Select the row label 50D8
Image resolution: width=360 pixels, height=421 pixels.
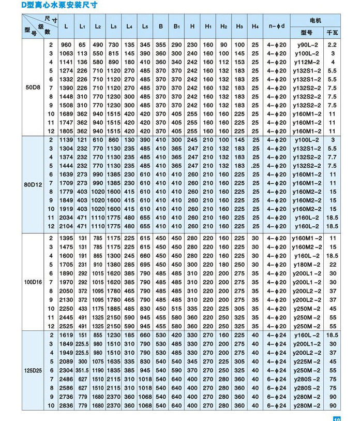32,88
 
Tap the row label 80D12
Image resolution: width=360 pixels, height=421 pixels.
33,183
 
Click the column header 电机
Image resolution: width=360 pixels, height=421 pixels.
315,20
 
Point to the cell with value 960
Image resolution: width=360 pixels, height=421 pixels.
66,45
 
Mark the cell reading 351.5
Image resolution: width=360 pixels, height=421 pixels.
82,370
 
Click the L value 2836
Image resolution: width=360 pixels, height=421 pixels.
66,405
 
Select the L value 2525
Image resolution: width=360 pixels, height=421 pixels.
66,326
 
